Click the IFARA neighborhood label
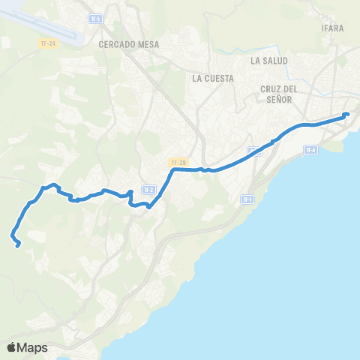point(334,28)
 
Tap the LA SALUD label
point(269,60)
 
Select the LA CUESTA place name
point(213,78)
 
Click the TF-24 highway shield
point(48,43)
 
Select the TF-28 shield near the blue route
point(176,161)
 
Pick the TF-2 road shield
point(148,189)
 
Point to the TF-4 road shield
point(310,150)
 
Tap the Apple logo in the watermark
point(12,347)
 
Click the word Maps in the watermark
point(33,347)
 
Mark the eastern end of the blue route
point(346,114)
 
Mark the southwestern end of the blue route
point(17,244)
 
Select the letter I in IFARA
point(326,28)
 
